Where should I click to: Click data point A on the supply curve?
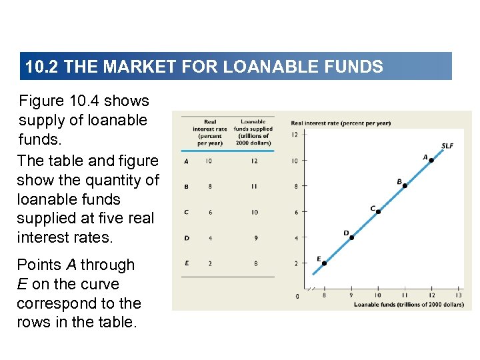(431, 160)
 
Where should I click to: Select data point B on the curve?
(405, 186)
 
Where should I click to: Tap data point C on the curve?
(378, 211)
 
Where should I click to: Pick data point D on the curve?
(351, 237)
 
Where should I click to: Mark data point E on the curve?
(325, 263)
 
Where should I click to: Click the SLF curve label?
(447, 146)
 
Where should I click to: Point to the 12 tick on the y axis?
(295, 135)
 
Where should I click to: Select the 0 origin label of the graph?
(297, 296)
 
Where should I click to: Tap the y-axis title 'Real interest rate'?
(341, 123)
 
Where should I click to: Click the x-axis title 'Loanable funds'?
(409, 305)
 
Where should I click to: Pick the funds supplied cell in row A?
(255, 161)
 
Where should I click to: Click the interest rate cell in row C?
(209, 212)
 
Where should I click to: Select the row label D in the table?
(187, 237)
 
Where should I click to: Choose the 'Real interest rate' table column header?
(209, 132)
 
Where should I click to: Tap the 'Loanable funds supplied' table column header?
(253, 132)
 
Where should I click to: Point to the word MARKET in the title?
(132, 67)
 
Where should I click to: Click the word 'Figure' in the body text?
(41, 101)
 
